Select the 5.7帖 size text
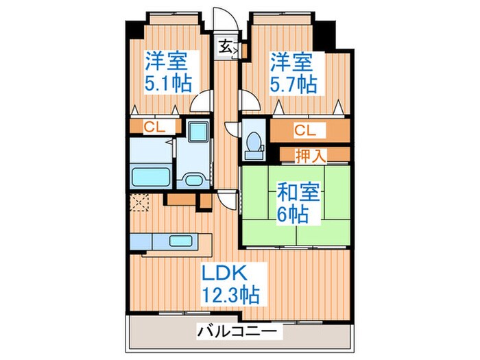[292, 84]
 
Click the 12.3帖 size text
[230, 296]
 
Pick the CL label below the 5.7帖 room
[304, 130]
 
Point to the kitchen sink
[181, 241]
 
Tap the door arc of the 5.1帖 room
[201, 102]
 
